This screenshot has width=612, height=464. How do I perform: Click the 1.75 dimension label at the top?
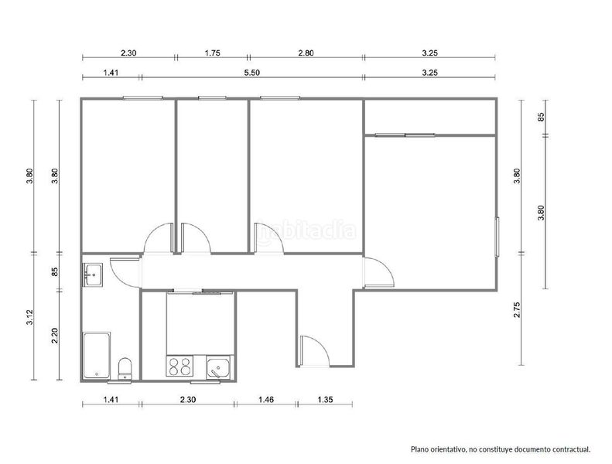pyautogui.click(x=212, y=53)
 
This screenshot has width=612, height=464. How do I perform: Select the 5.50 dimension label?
pyautogui.click(x=251, y=73)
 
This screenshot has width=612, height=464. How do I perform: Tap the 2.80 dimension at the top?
pyautogui.click(x=306, y=53)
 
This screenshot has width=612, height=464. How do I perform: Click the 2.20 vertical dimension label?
pyautogui.click(x=55, y=336)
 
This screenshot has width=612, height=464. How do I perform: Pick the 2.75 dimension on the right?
pyautogui.click(x=517, y=309)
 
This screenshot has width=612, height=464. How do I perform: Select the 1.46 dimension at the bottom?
pyautogui.click(x=266, y=399)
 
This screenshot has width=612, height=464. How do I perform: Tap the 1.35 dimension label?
pyautogui.click(x=325, y=399)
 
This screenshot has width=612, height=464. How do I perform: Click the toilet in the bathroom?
pyautogui.click(x=125, y=368)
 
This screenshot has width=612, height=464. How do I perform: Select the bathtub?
pyautogui.click(x=97, y=355)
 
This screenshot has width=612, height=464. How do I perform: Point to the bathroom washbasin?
pyautogui.click(x=93, y=275)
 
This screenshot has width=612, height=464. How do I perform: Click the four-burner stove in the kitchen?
pyautogui.click(x=179, y=367)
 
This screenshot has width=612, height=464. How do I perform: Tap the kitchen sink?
pyautogui.click(x=218, y=367)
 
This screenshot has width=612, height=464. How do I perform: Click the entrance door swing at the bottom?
pyautogui.click(x=316, y=351)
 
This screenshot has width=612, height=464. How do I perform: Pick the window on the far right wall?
pyautogui.click(x=497, y=237)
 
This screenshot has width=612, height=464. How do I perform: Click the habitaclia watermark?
pyautogui.click(x=307, y=231)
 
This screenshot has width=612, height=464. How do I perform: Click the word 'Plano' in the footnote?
pyautogui.click(x=419, y=449)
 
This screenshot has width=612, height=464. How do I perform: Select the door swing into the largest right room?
pyautogui.click(x=378, y=272)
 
